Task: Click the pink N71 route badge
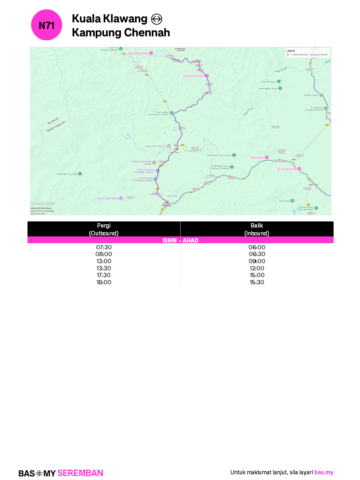tap(47, 25)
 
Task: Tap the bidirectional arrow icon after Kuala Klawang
tap(156, 19)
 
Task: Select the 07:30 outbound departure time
tap(104, 247)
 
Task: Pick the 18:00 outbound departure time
tap(104, 282)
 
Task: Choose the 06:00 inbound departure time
tap(257, 247)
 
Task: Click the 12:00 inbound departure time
tap(257, 268)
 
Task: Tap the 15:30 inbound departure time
tap(257, 282)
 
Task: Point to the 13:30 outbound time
tap(104, 268)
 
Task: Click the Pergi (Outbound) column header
tap(104, 229)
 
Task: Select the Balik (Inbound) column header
tap(257, 229)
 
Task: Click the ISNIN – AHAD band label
tap(180, 240)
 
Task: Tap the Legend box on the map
tap(307, 53)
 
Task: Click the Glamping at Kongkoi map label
tap(194, 76)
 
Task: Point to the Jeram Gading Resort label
tap(138, 53)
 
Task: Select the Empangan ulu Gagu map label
tap(67, 174)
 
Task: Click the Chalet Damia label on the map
tap(257, 157)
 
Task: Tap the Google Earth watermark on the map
tap(43, 203)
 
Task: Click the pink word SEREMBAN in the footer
tap(80, 473)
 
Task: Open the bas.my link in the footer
tap(324, 472)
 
